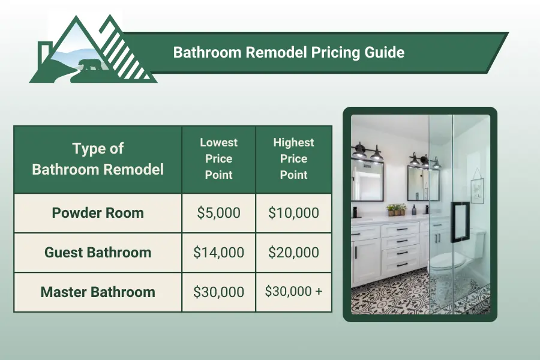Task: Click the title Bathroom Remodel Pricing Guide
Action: click(289, 53)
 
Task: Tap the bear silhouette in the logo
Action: click(91, 65)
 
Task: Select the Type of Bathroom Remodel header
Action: click(98, 159)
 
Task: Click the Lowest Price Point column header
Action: click(218, 159)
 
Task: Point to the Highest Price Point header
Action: click(293, 159)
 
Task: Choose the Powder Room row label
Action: click(98, 213)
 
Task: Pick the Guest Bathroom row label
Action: click(98, 253)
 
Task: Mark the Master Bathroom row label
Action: click(98, 292)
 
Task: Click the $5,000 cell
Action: click(218, 213)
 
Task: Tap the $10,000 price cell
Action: click(293, 213)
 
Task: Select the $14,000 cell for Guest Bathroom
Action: click(218, 253)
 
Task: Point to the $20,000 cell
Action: click(293, 253)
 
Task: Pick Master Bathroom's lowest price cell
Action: click(218, 292)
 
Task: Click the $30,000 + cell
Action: click(293, 292)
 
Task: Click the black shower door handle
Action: click(460, 222)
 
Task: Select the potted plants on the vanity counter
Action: click(396, 209)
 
